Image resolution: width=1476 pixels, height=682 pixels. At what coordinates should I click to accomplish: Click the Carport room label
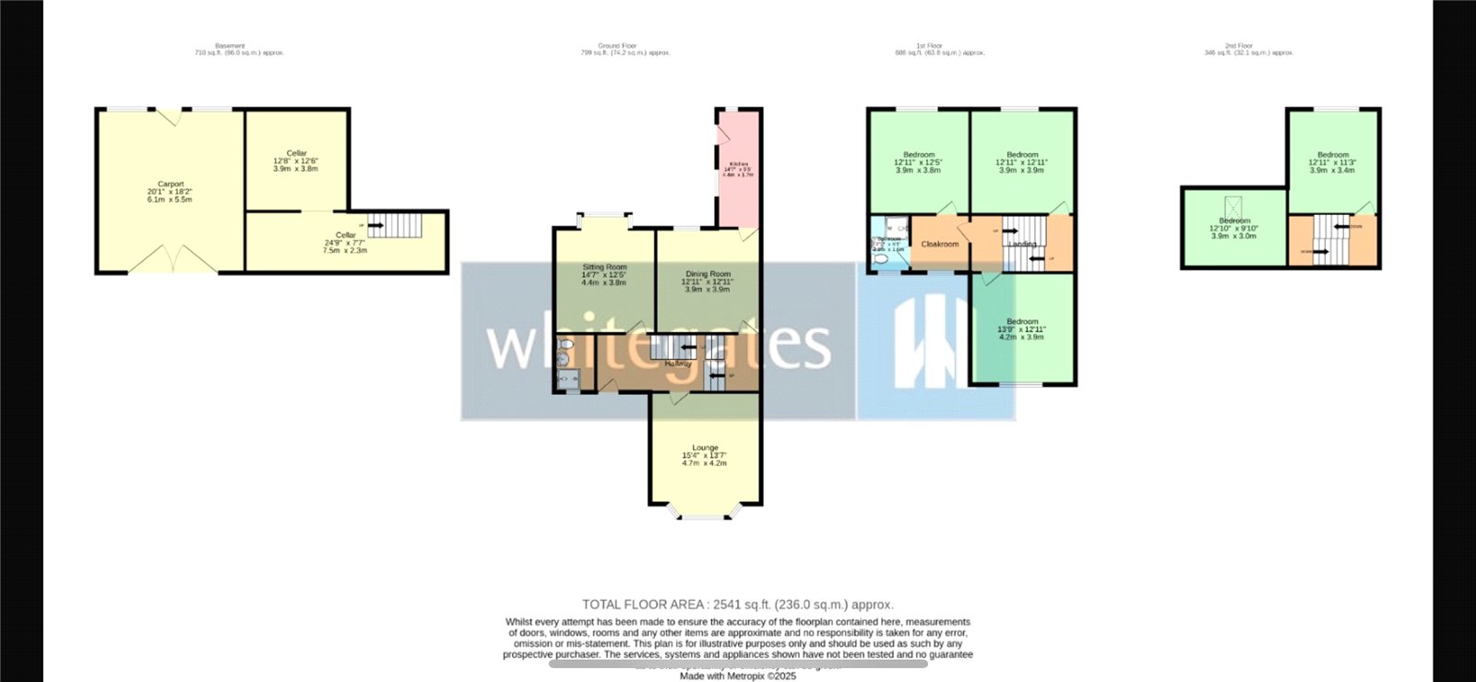(x=171, y=185)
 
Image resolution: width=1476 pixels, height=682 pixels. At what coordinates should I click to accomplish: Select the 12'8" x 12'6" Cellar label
(x=296, y=153)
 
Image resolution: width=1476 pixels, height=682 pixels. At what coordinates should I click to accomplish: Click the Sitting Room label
(x=604, y=267)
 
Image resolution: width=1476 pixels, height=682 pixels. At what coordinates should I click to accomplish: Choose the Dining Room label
(x=708, y=274)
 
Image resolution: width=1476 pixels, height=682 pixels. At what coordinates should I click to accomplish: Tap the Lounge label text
(x=705, y=448)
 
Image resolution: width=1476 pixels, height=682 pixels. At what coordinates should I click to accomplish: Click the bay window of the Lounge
(x=705, y=512)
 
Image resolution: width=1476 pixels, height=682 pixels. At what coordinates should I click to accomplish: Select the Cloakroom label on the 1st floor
(x=940, y=245)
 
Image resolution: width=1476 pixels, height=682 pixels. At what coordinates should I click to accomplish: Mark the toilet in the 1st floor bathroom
(x=880, y=260)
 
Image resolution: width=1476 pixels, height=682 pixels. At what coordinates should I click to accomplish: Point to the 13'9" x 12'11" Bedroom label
(x=1022, y=322)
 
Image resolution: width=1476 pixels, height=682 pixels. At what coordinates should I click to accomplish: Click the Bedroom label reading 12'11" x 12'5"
(x=919, y=155)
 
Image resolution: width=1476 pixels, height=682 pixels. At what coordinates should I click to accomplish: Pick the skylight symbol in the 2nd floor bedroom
(x=1233, y=206)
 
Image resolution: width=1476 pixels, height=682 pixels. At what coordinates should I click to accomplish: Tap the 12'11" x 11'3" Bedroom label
(x=1333, y=155)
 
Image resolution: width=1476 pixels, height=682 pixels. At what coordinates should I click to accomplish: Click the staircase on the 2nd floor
(x=1331, y=239)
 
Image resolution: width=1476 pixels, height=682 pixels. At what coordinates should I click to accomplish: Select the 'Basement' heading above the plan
(x=231, y=45)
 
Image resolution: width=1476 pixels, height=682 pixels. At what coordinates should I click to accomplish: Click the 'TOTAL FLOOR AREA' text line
(x=737, y=604)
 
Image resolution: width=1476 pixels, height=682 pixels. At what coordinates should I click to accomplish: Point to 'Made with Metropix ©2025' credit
(x=737, y=676)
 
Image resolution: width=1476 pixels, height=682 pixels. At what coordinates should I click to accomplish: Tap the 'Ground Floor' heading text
(x=617, y=45)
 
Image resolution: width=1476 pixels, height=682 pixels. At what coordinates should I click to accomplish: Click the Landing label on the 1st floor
(x=1022, y=245)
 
